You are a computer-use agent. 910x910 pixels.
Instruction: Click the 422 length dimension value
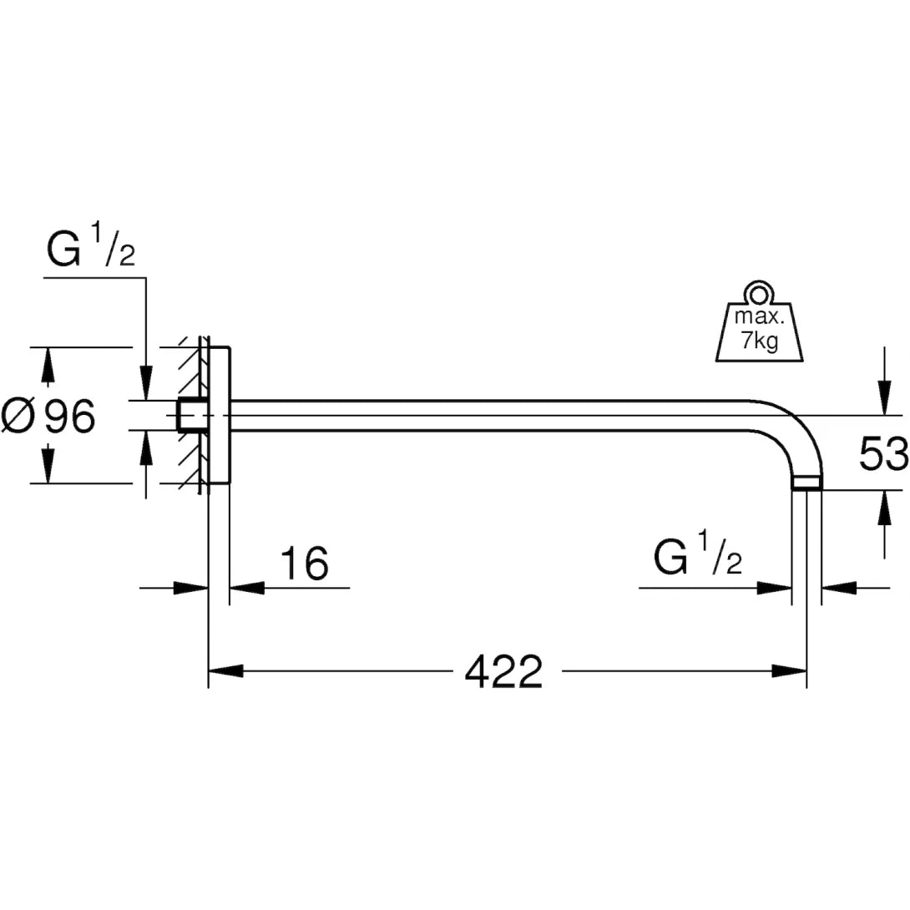pos(503,671)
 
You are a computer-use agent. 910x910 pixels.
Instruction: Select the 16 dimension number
pos(303,564)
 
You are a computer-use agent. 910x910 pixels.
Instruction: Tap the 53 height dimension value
pos(883,455)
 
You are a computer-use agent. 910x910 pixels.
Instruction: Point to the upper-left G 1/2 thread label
pos(90,250)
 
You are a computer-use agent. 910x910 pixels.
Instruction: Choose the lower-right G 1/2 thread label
pos(698,559)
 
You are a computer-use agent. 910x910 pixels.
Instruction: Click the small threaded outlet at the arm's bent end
pos(806,483)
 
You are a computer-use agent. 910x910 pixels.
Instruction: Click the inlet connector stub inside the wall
pos(190,415)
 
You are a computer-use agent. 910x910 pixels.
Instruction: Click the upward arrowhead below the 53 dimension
pos(883,506)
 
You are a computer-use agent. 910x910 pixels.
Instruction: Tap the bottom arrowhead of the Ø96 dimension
pos(48,466)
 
